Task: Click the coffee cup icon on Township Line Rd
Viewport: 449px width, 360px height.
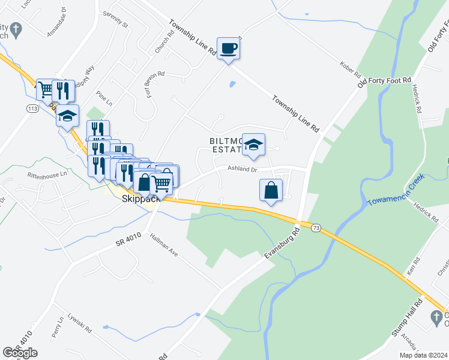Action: pyautogui.click(x=228, y=47)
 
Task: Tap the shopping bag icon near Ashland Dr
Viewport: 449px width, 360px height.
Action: pyautogui.click(x=271, y=190)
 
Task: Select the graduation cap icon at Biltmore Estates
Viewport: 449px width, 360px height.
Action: pyautogui.click(x=253, y=145)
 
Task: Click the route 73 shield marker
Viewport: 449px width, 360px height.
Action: pyautogui.click(x=316, y=227)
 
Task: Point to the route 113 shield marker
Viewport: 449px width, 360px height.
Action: pyautogui.click(x=32, y=108)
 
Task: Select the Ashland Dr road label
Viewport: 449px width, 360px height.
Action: pyautogui.click(x=242, y=170)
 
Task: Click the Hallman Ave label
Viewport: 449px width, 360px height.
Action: pyautogui.click(x=164, y=245)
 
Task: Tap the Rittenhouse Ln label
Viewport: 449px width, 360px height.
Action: pyautogui.click(x=46, y=175)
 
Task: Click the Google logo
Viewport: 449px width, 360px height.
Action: pyautogui.click(x=20, y=353)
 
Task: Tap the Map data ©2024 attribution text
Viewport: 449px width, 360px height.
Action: pyautogui.click(x=424, y=355)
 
